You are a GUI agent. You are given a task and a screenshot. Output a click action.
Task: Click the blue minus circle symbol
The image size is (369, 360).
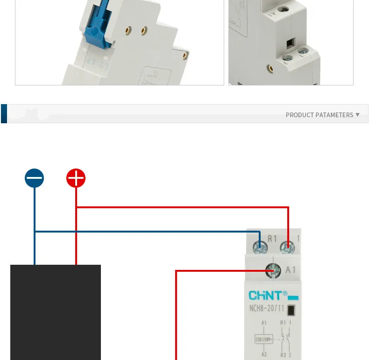[x=34, y=178]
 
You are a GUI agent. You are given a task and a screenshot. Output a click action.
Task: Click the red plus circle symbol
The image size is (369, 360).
[x=76, y=178]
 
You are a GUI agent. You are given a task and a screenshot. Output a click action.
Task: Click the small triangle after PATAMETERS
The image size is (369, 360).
[x=358, y=114]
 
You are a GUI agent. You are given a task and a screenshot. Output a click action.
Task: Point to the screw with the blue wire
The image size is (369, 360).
[x=259, y=246]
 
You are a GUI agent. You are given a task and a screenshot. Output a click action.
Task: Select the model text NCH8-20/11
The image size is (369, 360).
[x=266, y=308]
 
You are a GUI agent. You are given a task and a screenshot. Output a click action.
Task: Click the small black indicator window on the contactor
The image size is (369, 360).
[x=291, y=309]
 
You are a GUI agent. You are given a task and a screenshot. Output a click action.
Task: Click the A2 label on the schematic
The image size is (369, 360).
[x=264, y=354]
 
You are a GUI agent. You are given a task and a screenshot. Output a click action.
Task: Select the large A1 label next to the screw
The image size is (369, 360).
[x=290, y=270]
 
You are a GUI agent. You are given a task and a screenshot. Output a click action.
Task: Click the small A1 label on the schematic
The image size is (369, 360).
[x=264, y=322]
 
